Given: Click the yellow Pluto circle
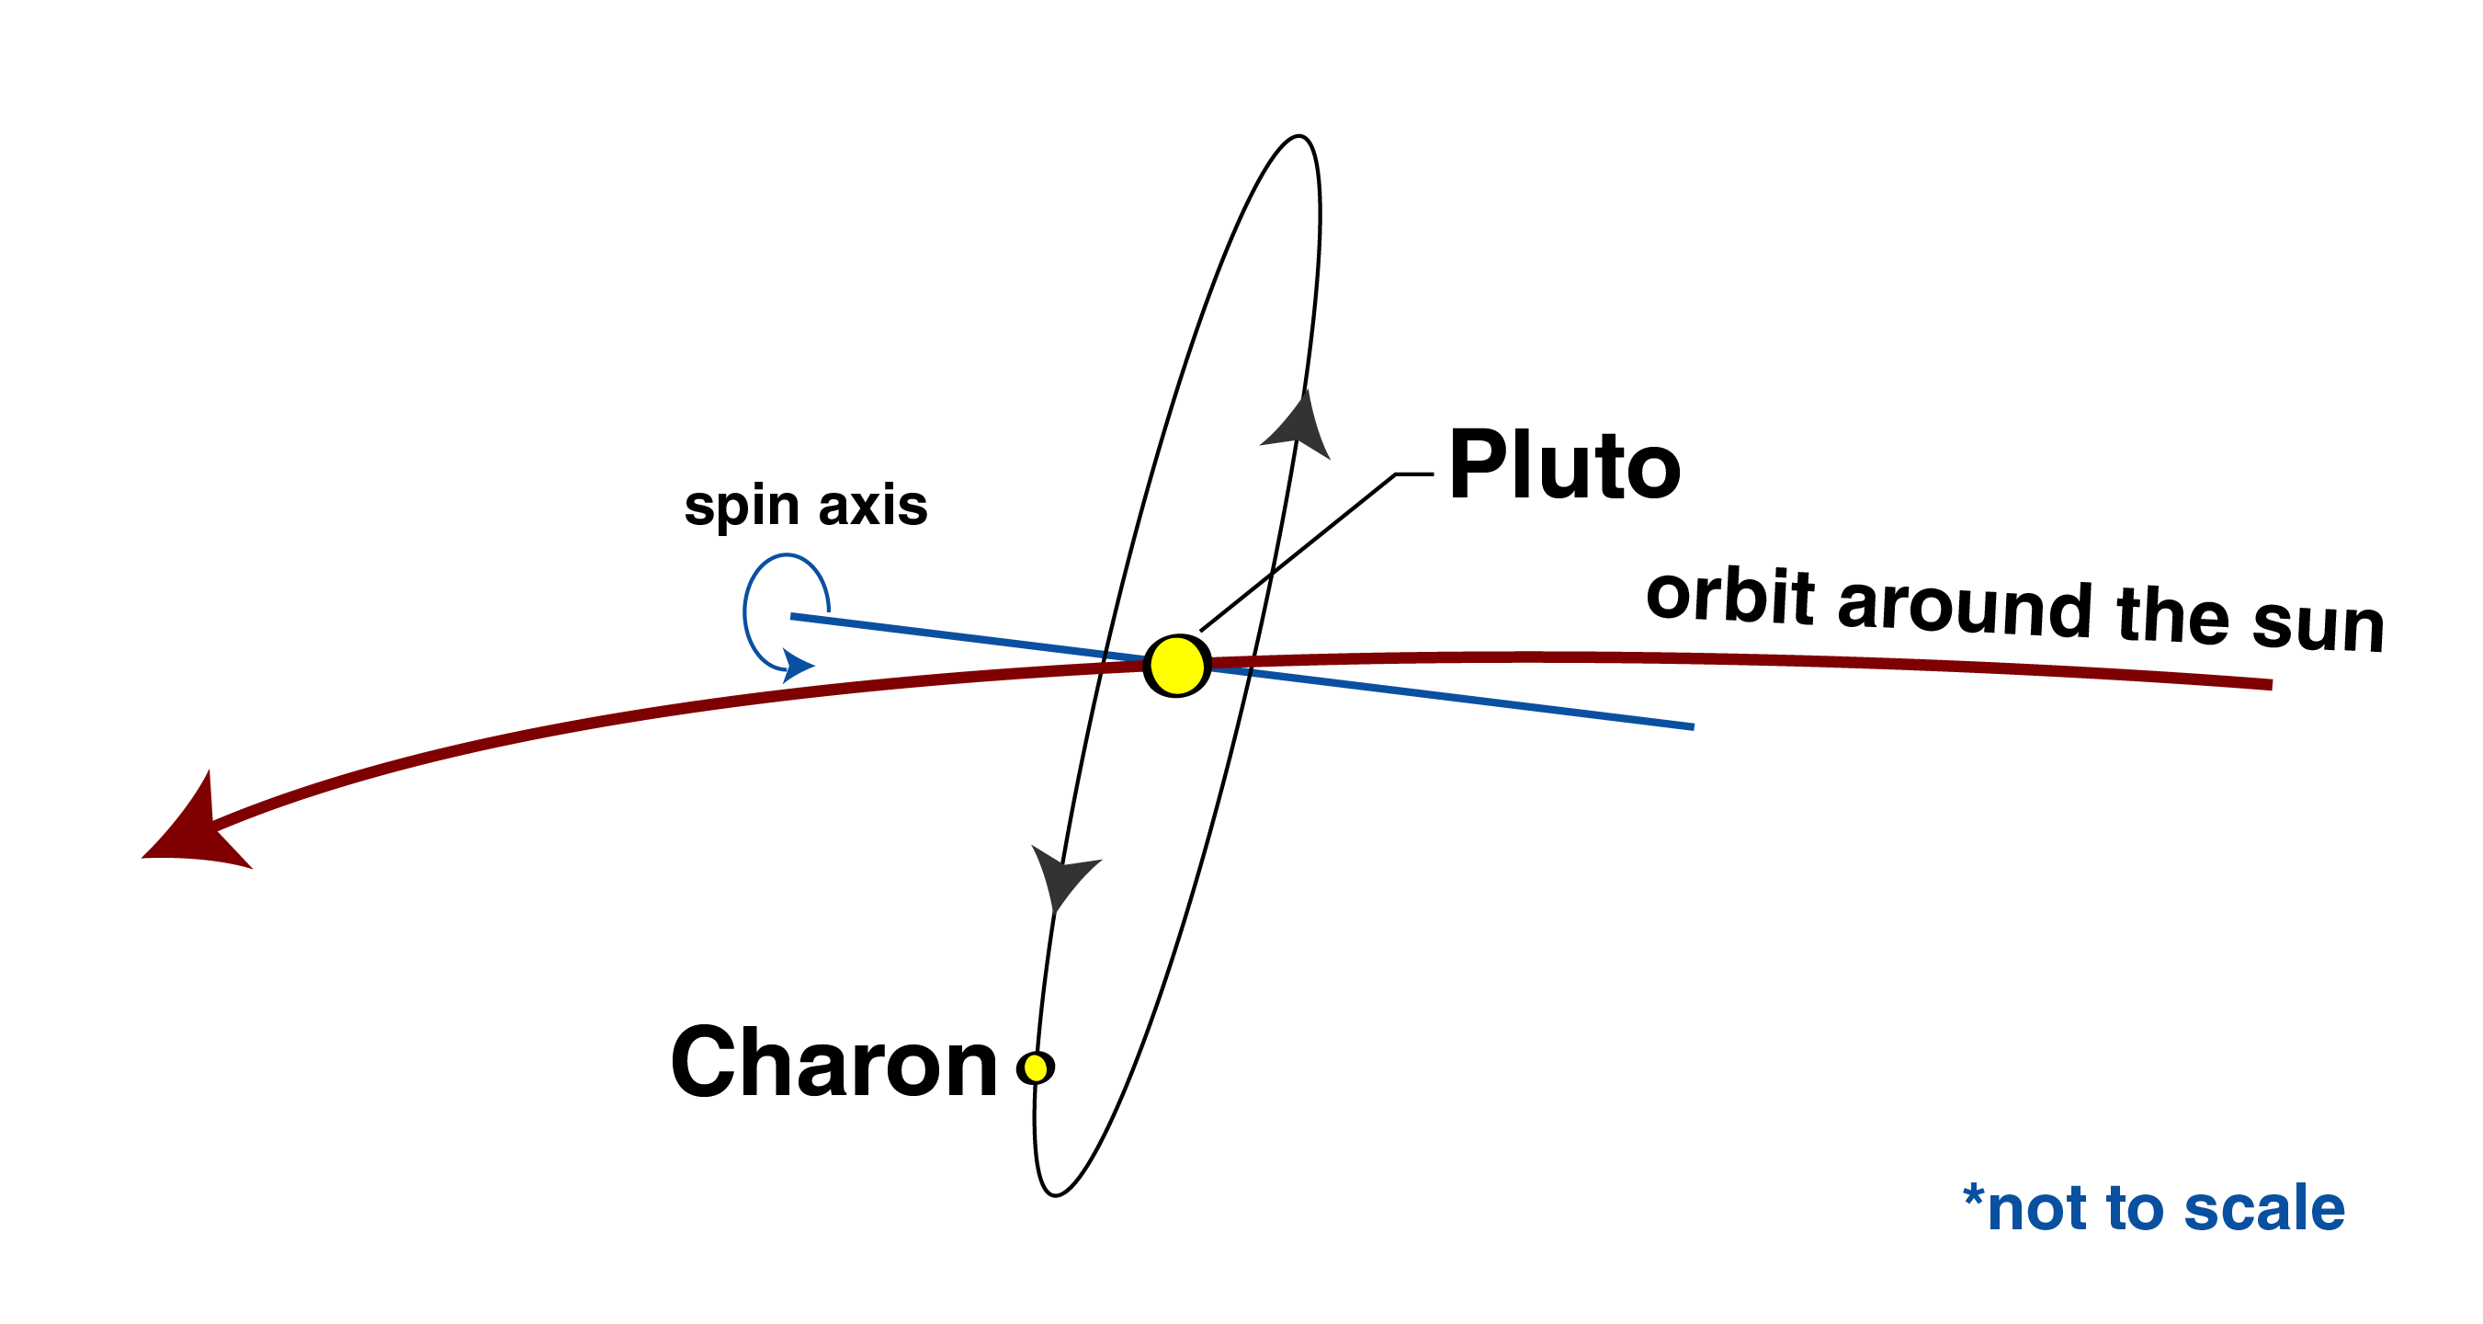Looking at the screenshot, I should tap(1176, 666).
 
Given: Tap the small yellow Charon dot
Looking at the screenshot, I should tap(1036, 1067).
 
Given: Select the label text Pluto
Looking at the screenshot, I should tap(1564, 466).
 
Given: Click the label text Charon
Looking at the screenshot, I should tap(833, 1063).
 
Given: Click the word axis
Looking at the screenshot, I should tap(872, 505).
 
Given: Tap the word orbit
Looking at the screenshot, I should tap(1729, 595).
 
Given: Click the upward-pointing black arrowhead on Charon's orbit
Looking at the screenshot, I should tap(1298, 427).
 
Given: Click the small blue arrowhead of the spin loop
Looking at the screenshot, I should tap(797, 665).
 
